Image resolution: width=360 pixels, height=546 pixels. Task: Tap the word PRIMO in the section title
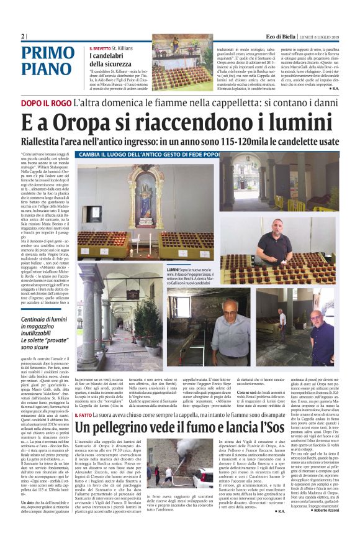point(48,54)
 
